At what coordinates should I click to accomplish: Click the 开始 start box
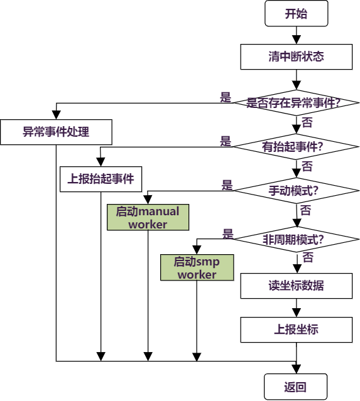(296, 14)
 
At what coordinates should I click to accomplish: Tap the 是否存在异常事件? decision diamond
(296, 102)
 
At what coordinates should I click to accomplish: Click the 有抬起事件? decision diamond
(296, 147)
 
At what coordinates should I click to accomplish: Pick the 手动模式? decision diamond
(296, 189)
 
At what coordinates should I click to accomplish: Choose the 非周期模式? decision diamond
(296, 239)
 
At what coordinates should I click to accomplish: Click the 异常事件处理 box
(56, 132)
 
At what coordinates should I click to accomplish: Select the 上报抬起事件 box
(101, 178)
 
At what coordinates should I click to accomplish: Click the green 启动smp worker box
(197, 267)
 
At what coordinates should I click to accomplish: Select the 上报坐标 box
(296, 329)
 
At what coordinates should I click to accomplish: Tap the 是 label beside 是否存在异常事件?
(226, 97)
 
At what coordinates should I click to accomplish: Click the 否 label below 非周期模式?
(308, 257)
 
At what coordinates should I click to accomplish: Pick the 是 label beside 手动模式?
(227, 185)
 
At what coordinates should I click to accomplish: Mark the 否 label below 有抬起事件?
(307, 166)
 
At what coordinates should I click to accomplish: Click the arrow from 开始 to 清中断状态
(296, 36)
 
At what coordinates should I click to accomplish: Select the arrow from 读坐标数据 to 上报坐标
(296, 307)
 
